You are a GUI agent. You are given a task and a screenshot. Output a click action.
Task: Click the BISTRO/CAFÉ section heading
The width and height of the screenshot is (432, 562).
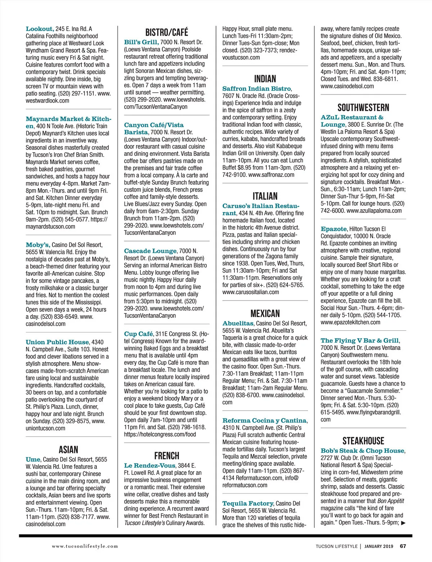[x=166, y=32]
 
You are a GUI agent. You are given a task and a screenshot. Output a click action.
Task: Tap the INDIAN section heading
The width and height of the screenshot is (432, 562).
[x=265, y=79]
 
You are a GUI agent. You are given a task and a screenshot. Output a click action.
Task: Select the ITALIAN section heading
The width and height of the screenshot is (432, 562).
[x=265, y=196]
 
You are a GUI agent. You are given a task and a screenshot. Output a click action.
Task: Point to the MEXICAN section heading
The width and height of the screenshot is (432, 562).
[x=265, y=313]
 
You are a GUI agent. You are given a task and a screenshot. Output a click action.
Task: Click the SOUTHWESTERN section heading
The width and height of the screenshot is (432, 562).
[x=363, y=107]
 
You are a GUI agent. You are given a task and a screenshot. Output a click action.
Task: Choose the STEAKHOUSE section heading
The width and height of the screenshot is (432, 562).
[x=363, y=441]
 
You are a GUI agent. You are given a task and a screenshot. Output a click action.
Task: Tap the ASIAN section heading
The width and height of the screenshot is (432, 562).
[x=68, y=449]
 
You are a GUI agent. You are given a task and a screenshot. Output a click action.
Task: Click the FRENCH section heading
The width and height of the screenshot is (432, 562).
[x=166, y=456]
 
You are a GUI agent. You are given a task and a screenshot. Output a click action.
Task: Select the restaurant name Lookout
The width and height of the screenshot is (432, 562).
[x=40, y=29]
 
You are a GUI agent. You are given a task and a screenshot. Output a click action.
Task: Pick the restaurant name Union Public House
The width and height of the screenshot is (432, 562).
[x=57, y=342]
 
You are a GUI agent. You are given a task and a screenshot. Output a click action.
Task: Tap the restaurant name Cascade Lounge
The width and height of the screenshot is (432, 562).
[x=150, y=251]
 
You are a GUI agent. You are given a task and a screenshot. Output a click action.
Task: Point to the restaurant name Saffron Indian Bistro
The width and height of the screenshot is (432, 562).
[x=256, y=89]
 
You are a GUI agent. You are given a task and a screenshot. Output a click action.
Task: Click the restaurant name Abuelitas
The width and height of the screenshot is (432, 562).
[x=238, y=324]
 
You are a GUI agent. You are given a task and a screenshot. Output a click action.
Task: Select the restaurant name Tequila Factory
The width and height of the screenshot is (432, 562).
[x=248, y=503]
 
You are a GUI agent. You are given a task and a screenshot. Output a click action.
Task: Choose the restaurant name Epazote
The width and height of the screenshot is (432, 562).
[x=333, y=229]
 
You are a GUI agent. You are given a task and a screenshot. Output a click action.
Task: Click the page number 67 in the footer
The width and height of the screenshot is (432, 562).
[x=403, y=546]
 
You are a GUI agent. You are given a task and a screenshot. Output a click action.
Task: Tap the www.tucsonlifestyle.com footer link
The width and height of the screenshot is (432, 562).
[x=85, y=546]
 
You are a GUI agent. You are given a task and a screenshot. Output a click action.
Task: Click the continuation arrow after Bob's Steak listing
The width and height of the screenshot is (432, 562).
[x=403, y=523]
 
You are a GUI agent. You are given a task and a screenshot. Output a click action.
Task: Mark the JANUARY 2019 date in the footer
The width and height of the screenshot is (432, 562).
[x=379, y=546]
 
